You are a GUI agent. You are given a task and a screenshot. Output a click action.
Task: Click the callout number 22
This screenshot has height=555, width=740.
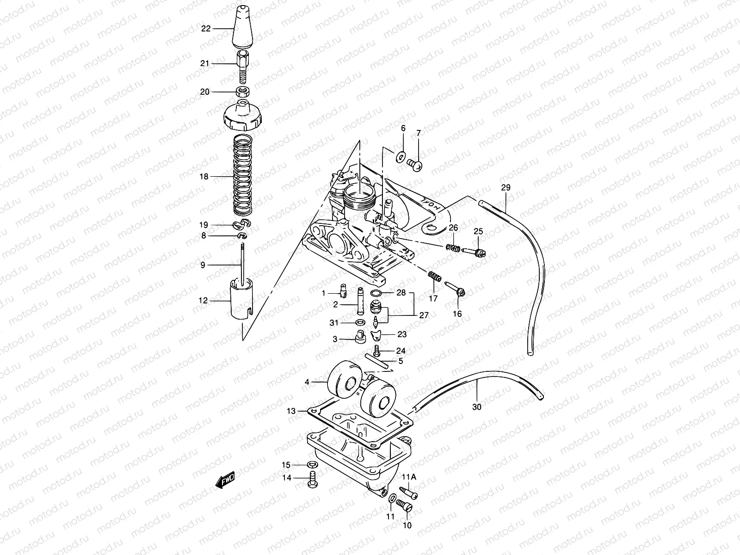(x=205, y=29)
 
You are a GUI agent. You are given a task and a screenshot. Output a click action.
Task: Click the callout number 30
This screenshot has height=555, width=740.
(x=477, y=407)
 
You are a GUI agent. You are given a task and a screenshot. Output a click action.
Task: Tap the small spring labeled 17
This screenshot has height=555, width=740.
(x=433, y=277)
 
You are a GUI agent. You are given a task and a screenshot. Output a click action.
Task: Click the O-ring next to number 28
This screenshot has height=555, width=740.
(x=377, y=294)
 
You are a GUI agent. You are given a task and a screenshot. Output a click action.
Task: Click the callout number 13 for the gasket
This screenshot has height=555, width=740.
(x=290, y=411)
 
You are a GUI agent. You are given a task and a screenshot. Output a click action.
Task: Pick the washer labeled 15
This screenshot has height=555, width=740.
(x=313, y=464)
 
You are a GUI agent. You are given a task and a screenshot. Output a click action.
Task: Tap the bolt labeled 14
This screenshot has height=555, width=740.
(x=311, y=479)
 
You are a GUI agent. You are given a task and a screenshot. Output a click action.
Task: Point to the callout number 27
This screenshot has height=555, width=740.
(x=424, y=315)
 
